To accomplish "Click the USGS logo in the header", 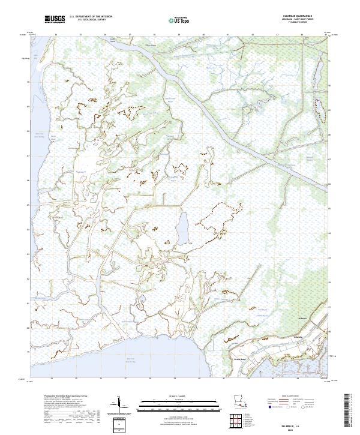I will [55, 20].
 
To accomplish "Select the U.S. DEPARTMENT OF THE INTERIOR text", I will [91, 16].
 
